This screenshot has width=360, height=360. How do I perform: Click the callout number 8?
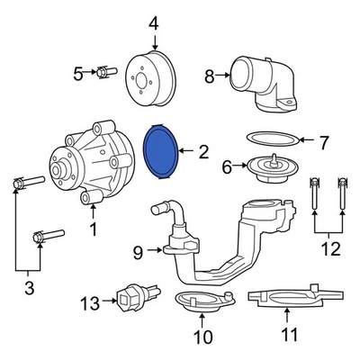(x=210, y=77)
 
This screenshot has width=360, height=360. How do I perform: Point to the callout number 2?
(x=203, y=152)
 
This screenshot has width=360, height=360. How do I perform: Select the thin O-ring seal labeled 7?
(x=272, y=140)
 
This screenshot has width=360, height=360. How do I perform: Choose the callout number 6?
(x=228, y=166)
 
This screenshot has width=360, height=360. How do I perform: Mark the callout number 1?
(x=94, y=229)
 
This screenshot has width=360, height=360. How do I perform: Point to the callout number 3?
(x=28, y=288)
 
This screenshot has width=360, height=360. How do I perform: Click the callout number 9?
(x=138, y=253)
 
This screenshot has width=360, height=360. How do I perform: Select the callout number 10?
(x=202, y=337)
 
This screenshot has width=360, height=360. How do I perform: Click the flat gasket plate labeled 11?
(x=286, y=297)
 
